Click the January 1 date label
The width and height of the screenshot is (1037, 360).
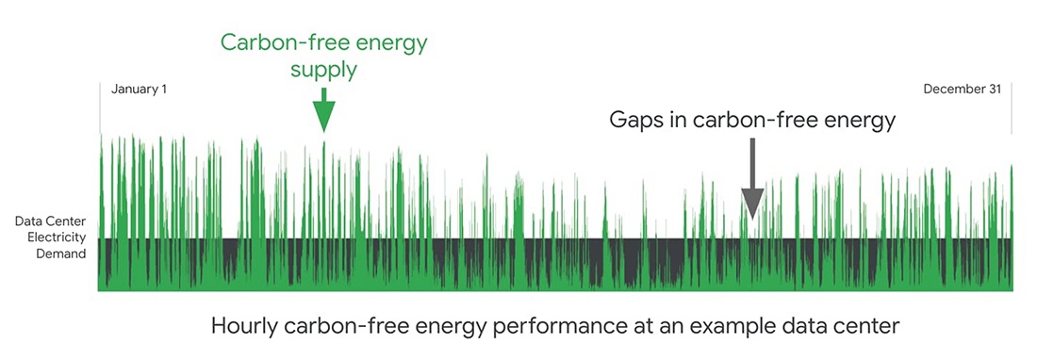pos(139,90)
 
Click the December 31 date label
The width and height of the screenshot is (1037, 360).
pos(963,90)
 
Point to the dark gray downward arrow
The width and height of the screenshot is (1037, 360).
pos(752,178)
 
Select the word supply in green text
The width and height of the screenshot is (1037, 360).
pos(324,70)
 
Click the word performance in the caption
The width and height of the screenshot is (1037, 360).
pos(540,326)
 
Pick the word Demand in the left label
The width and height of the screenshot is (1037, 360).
pos(61,253)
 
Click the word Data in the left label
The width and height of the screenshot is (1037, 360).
pos(27,221)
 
